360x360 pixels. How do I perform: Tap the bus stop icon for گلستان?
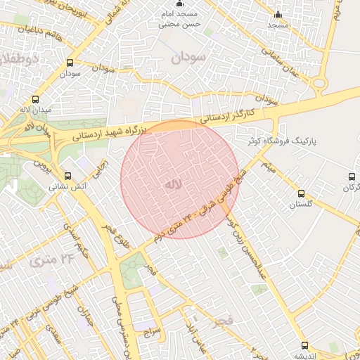pyautogui.click(x=302, y=193)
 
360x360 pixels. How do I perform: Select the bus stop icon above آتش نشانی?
pyautogui.click(x=67, y=176)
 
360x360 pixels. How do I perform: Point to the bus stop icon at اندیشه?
pyautogui.click(x=304, y=345)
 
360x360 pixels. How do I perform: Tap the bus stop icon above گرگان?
pyautogui.click(x=352, y=176)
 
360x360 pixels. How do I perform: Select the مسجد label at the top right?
pyautogui.click(x=278, y=25)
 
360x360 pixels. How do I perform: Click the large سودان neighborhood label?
pyautogui.click(x=189, y=58)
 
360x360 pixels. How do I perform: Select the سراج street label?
pyautogui.click(x=153, y=330)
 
